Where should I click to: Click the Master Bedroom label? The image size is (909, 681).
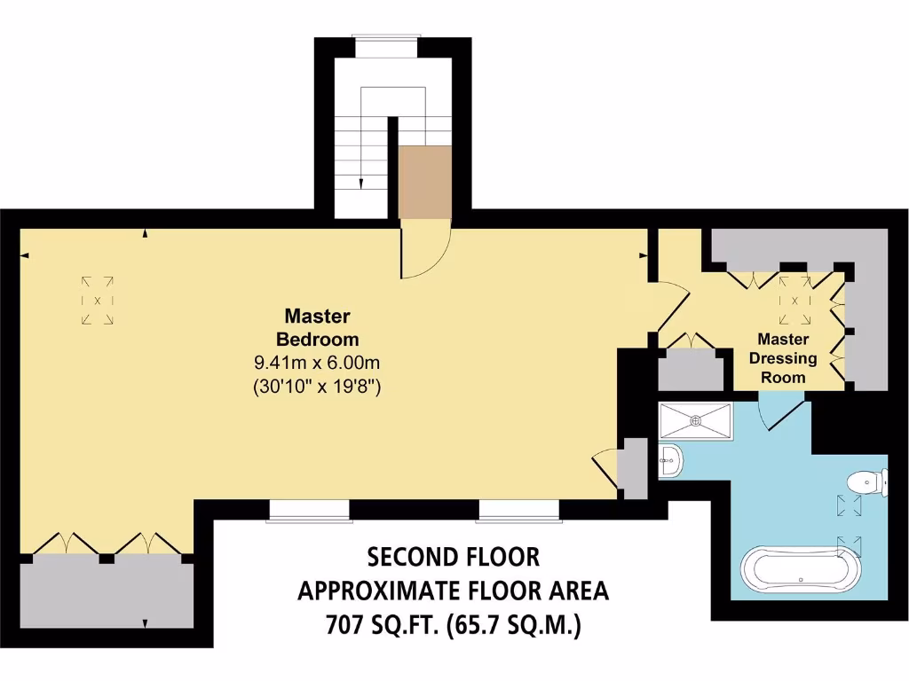tap(317, 327)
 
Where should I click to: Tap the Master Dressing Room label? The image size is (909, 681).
tap(782, 357)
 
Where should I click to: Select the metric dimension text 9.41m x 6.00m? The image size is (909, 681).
tap(317, 363)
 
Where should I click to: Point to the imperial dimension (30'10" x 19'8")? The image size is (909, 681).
tap(317, 386)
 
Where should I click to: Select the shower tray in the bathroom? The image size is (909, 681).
tap(696, 420)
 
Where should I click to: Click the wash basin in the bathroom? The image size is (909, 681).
tap(671, 460)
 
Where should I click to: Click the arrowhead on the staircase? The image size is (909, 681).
tap(362, 184)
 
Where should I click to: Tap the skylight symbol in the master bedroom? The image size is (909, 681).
tap(97, 300)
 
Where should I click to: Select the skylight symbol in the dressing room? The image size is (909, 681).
tap(794, 299)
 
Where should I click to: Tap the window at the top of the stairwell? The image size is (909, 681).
tap(385, 36)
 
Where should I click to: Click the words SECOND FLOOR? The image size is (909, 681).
tap(454, 557)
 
